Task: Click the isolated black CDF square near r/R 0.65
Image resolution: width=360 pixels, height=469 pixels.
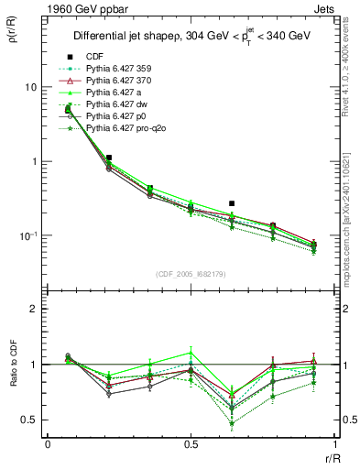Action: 232,203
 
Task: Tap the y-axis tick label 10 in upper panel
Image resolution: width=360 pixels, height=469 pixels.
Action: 31,87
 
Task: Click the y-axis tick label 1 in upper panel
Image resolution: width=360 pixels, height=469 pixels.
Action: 34,162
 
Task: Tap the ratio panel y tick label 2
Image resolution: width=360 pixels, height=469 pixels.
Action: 34,310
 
